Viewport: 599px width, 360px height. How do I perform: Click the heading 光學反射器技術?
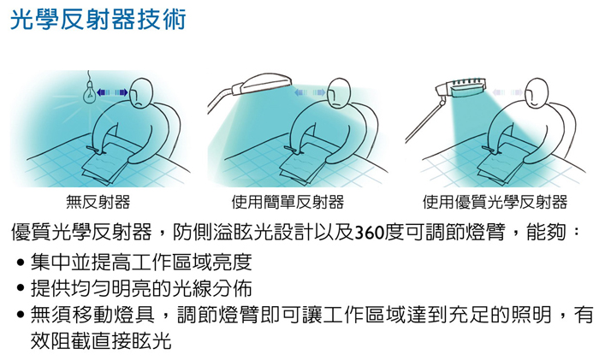98,20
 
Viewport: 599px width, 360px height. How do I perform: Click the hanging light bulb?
89,92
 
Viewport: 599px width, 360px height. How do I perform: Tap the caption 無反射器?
98,202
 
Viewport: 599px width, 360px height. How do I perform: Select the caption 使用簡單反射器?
288,202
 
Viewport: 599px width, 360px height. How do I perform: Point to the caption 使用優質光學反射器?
495,202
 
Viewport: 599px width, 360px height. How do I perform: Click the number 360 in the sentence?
370,233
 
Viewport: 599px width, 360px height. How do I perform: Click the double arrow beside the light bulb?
112,92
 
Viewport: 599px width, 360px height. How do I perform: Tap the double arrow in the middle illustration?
310,92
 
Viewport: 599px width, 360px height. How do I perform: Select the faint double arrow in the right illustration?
507,92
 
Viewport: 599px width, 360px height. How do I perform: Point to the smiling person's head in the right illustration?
537,93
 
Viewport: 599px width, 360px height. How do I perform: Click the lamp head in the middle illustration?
262,83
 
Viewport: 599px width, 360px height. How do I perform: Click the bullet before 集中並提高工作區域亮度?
21,263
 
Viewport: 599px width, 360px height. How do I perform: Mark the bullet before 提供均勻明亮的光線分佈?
21,287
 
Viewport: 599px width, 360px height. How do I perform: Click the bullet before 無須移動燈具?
21,316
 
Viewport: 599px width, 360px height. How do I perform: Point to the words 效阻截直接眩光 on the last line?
101,341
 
